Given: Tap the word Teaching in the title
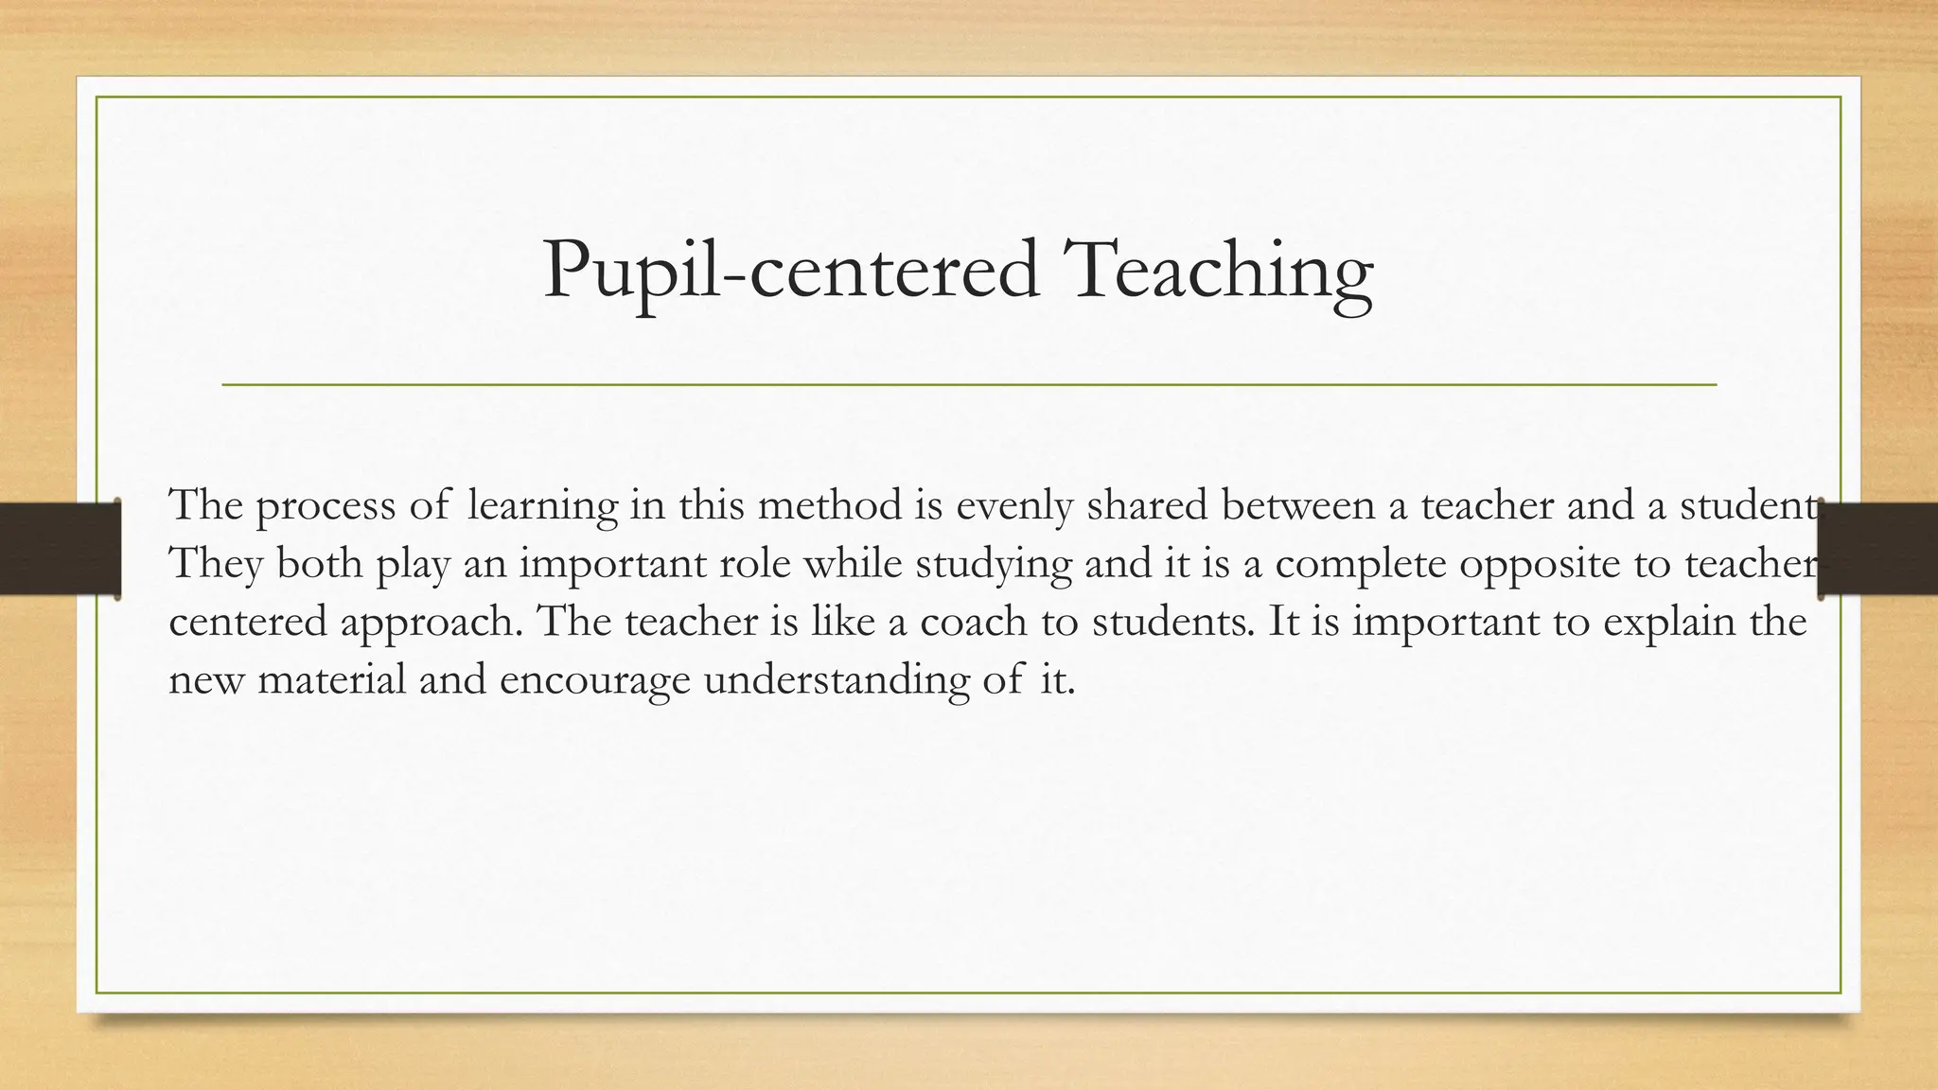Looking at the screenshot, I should click(1217, 272).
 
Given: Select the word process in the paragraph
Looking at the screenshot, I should click(326, 507).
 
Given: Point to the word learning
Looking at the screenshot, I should click(542, 507).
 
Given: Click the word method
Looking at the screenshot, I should click(830, 505).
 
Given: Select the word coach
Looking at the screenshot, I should click(973, 623).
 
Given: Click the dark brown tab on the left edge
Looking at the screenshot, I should click(60, 549).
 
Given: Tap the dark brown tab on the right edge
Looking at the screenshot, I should click(1878, 549).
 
